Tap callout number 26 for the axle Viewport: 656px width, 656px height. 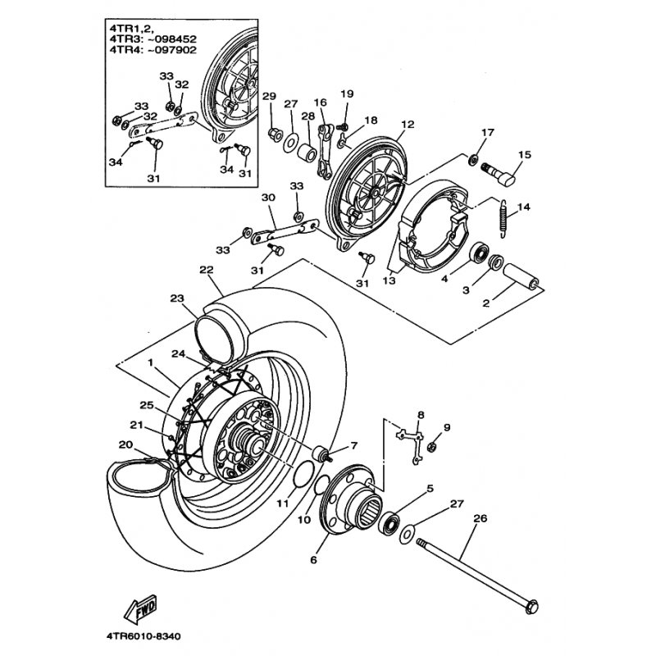(x=481, y=517)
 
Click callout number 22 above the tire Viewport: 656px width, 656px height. (x=206, y=269)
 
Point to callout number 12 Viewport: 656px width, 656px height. (x=408, y=126)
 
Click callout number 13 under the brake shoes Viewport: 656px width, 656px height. (x=389, y=280)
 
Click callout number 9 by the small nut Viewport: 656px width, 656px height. (x=447, y=427)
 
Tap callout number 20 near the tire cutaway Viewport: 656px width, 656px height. (x=125, y=445)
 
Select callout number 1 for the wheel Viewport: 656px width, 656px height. (x=149, y=362)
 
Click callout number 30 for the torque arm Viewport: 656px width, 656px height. (x=267, y=198)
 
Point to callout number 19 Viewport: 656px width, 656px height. (x=346, y=93)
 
